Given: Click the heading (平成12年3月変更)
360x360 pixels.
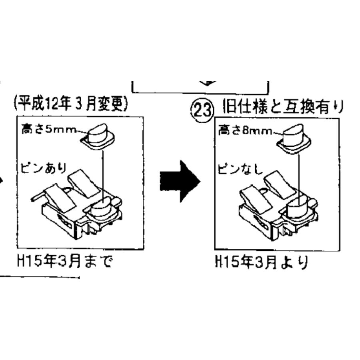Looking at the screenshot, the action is [70, 105].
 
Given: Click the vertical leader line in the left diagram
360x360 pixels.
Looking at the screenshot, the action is [104, 172].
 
